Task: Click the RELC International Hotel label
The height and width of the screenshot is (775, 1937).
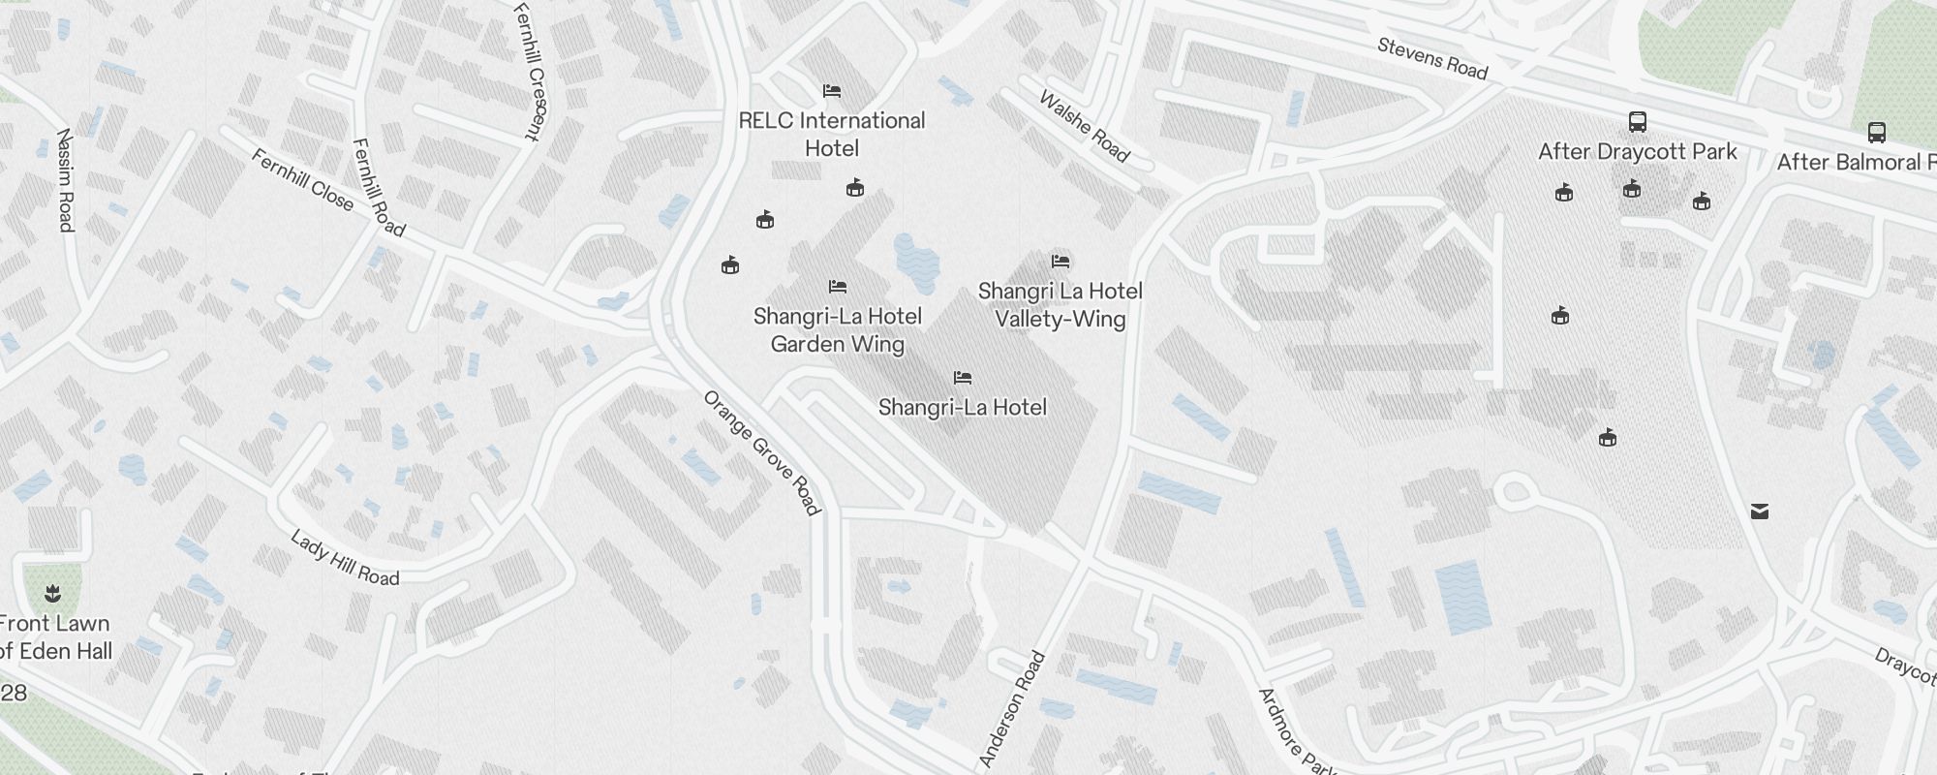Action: pos(832,134)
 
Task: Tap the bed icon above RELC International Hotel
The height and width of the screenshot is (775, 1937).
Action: pos(831,91)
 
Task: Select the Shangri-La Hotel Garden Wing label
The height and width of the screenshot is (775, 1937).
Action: pos(838,330)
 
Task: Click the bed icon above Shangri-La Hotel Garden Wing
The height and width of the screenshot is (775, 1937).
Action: pos(838,287)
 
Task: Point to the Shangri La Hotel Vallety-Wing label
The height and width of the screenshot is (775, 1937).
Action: pos(1061,305)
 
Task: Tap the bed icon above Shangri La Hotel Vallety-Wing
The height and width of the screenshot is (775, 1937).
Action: pos(1061,262)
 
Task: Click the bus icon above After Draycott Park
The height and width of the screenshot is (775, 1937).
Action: pos(1638,122)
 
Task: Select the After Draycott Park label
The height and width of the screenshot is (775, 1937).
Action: pos(1638,152)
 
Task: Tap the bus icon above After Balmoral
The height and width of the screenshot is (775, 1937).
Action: pos(1876,132)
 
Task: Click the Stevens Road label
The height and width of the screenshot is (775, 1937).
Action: pos(1432,58)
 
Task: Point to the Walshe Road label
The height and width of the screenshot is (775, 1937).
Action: pos(1084,127)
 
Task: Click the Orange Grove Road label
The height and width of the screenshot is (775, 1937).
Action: pos(762,452)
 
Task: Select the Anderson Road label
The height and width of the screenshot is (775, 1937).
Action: pos(1012,709)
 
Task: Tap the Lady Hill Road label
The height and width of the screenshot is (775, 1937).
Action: pos(345,558)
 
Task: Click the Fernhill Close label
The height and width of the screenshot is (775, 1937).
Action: pos(302,178)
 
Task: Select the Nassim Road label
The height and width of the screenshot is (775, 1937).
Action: pos(65,180)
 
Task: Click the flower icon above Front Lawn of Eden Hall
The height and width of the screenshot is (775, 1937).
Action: pos(52,592)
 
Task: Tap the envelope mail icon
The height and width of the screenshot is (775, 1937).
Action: pos(1760,511)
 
